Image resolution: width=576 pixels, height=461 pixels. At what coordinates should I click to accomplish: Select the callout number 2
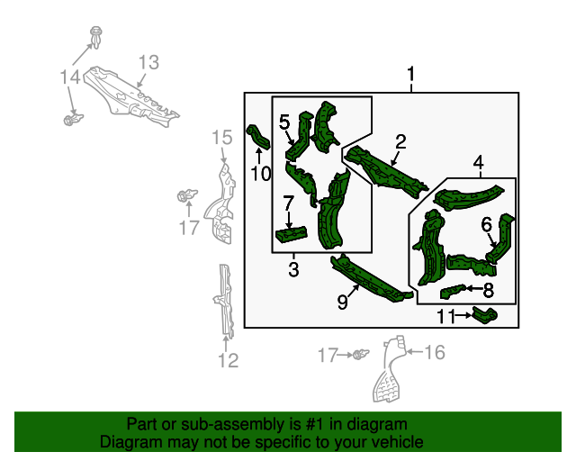[x=400, y=141]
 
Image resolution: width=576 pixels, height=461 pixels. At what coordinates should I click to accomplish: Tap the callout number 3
[x=293, y=269]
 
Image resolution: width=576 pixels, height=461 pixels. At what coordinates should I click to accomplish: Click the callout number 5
[x=283, y=122]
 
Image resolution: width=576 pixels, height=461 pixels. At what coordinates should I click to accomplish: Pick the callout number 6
[x=485, y=224]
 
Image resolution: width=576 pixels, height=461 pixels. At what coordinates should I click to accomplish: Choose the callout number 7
[x=288, y=203]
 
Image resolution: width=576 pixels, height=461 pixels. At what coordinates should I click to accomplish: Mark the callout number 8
[x=488, y=290]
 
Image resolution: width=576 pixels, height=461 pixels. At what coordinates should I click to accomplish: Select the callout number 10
[x=260, y=174]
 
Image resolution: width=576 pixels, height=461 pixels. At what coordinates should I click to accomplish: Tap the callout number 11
[x=447, y=316]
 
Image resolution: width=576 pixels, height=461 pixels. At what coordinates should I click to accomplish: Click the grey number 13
[x=148, y=62]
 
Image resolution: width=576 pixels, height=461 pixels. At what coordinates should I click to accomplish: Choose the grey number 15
[x=222, y=137]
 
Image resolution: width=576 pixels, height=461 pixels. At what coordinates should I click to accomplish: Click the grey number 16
[x=434, y=352]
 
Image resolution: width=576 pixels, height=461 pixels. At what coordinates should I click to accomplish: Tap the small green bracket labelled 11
[x=486, y=315]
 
